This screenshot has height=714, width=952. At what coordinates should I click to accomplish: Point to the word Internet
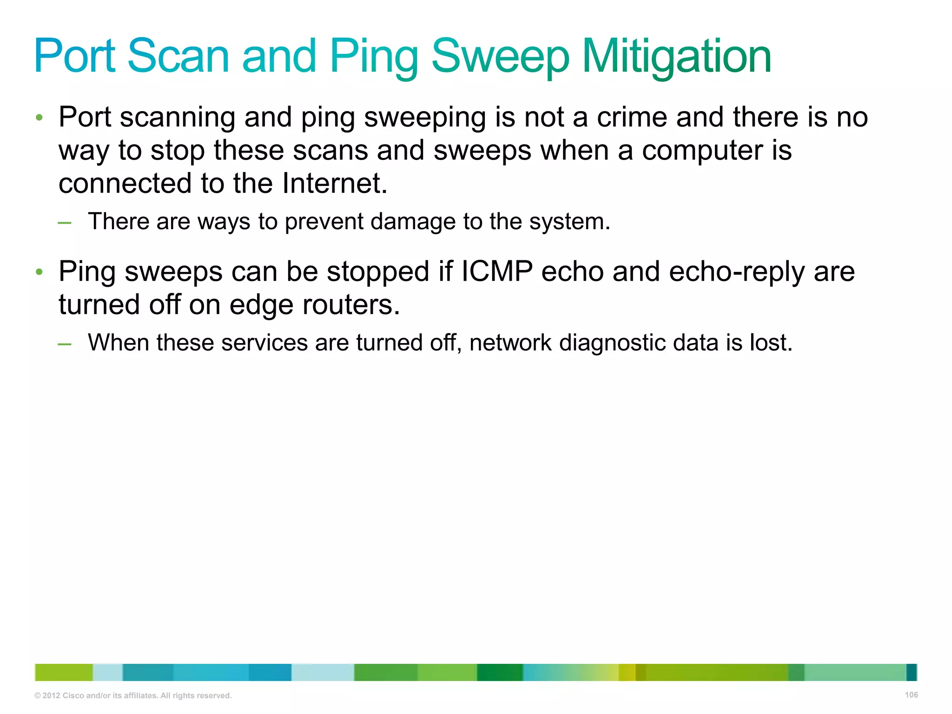point(335,183)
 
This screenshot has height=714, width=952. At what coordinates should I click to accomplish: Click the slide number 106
point(911,695)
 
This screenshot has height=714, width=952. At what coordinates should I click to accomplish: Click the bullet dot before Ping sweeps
point(40,271)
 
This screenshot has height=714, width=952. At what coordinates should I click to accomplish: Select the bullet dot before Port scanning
point(40,117)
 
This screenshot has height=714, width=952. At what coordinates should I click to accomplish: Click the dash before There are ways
point(65,223)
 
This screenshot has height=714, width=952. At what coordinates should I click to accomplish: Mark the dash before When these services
point(65,344)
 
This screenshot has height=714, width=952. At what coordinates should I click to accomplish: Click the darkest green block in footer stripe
point(500,673)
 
